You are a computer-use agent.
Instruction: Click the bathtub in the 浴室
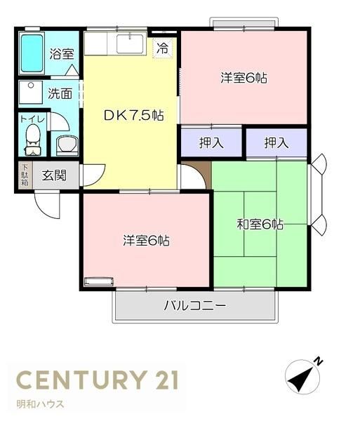[32, 54]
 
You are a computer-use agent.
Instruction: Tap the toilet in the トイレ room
[33, 140]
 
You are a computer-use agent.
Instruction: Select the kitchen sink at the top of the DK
[131, 44]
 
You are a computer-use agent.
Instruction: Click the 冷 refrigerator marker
[163, 48]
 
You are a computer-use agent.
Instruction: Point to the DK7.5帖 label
[133, 116]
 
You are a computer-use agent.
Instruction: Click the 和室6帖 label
[260, 225]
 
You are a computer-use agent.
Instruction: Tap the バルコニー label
[195, 305]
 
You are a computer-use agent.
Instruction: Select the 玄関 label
[54, 175]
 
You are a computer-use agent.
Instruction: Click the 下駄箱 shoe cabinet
[25, 175]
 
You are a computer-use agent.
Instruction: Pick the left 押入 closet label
[211, 142]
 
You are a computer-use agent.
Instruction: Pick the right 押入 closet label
[276, 142]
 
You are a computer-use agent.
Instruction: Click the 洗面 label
[60, 93]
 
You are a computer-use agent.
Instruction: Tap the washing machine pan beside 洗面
[31, 93]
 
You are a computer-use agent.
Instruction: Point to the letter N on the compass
[319, 361]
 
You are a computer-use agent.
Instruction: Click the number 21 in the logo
[166, 380]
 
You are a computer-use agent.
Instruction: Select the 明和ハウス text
[40, 404]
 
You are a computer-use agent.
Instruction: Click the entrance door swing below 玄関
[47, 205]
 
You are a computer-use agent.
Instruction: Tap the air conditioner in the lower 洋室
[99, 281]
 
